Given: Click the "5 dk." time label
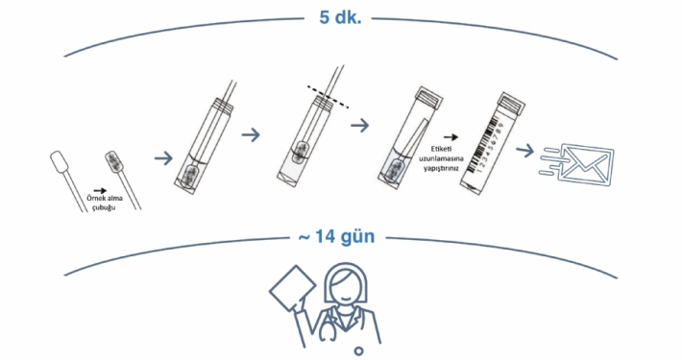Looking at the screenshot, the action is point(340,18).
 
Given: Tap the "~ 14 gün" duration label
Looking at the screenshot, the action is point(336,237).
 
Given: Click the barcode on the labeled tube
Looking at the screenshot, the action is point(487,135).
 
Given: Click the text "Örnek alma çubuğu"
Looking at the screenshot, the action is point(105,203).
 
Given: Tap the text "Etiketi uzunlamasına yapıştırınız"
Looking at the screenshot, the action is point(441,158).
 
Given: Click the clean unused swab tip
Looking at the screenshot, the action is point(58,161).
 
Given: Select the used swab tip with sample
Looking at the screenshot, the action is point(114,161).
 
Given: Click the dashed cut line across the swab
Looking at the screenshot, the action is point(328,97).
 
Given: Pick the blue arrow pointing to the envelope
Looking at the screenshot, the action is point(524,151).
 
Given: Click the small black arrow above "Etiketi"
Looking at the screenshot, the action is point(451,137).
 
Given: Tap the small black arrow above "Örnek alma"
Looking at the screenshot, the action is point(100,190).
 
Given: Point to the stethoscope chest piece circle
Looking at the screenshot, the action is point(358,350).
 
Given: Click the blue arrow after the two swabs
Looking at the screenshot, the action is point(163,157).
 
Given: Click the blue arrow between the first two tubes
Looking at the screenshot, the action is point(251,134).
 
